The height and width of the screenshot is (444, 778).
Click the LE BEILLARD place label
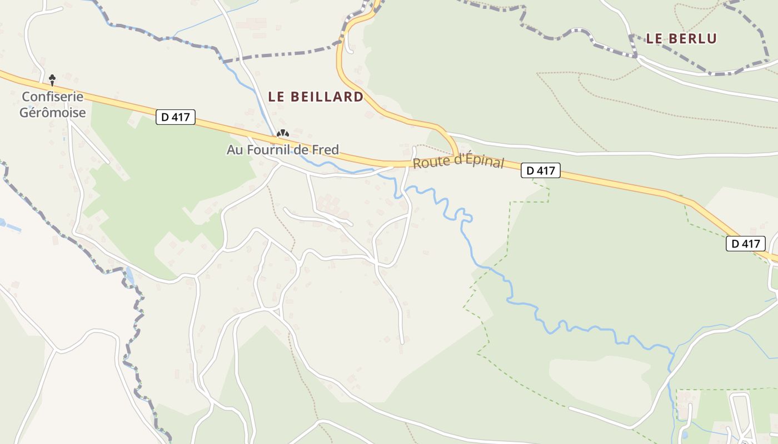[316, 97]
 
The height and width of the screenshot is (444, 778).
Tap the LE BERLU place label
[681, 38]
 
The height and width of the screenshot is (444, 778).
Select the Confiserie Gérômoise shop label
[53, 104]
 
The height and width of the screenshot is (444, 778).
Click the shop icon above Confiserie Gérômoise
[52, 80]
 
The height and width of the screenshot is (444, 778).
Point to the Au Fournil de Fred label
[282, 150]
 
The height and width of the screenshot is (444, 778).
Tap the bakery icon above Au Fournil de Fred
[283, 133]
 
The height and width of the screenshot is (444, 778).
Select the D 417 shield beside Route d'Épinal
[540, 170]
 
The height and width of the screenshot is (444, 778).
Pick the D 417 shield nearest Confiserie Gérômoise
[176, 117]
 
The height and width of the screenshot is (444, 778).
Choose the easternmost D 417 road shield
[746, 243]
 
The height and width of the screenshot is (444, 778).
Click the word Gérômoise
[53, 113]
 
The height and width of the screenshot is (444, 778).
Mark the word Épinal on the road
[483, 162]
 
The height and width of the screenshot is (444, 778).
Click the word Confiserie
[53, 97]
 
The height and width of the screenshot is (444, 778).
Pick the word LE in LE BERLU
[654, 38]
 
